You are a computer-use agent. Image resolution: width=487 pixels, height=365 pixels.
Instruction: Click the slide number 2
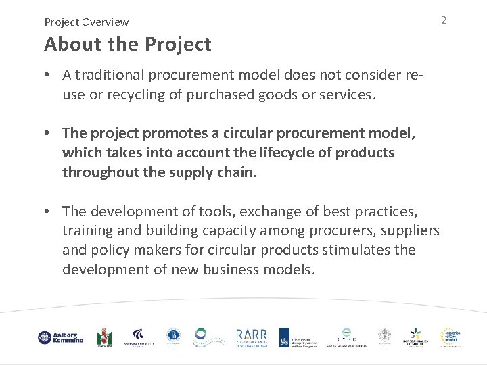tap(444, 20)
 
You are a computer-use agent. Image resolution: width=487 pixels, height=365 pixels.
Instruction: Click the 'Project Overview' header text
tap(87, 22)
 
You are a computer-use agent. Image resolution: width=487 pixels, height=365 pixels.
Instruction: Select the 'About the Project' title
tap(128, 45)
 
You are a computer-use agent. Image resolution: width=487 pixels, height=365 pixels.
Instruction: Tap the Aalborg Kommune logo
tap(60, 337)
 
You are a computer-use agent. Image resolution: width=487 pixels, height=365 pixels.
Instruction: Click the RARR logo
tap(252, 337)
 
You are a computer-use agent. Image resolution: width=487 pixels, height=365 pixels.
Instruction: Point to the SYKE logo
tap(347, 337)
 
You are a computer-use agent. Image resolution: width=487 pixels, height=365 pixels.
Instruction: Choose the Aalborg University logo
tap(139, 337)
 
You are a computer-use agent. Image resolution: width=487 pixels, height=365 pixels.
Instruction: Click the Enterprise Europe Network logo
tap(450, 337)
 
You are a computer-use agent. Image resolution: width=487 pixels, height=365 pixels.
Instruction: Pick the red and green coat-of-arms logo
tap(103, 337)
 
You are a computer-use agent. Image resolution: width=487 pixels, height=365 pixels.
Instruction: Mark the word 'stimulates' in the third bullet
tap(357, 250)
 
